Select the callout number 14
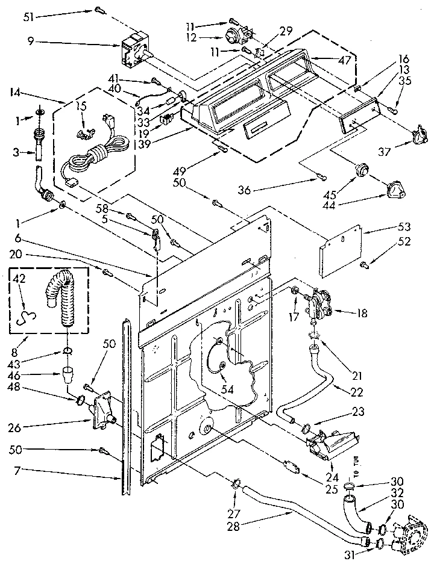tap(16, 92)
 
